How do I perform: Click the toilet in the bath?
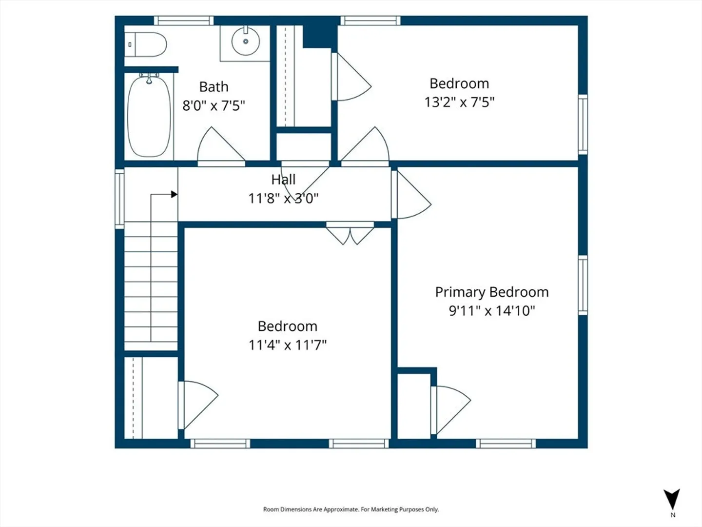coord(145,44)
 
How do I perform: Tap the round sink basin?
coord(246,41)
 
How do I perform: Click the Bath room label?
coord(214,87)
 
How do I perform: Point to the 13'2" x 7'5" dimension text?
coord(459,102)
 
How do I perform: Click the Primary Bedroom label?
coord(492,292)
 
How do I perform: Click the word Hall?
coord(283,180)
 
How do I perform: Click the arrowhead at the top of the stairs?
coord(175,194)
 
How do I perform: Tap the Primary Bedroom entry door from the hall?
coord(410,195)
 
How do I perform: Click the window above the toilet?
coord(184,20)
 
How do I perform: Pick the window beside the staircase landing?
coord(119,199)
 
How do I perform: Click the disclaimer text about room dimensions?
coord(351,509)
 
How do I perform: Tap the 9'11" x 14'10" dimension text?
coord(492,311)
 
